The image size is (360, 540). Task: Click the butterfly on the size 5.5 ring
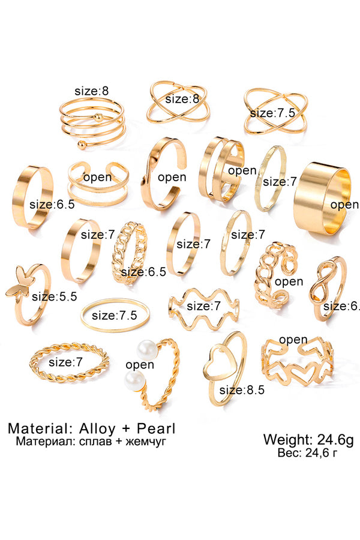pos(18,285)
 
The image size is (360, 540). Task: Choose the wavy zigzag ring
pos(203,306)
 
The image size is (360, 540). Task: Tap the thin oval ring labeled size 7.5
pos(115,315)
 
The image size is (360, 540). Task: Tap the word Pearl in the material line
pos(155,429)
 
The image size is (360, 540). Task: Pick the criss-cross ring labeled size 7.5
pos(275,112)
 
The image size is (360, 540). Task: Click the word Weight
pos(284,439)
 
